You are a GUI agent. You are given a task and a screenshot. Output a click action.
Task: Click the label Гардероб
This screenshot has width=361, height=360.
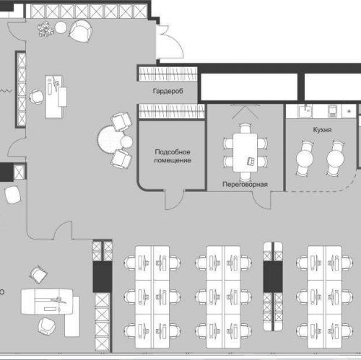(x=168, y=91)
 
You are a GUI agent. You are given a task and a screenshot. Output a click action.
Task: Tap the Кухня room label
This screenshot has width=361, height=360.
(x=322, y=130)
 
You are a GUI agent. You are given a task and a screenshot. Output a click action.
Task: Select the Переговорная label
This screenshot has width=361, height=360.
(x=245, y=184)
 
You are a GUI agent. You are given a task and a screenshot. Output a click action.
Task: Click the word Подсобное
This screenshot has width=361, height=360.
(x=173, y=152)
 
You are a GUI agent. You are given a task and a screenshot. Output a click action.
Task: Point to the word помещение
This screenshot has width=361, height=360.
(x=173, y=160)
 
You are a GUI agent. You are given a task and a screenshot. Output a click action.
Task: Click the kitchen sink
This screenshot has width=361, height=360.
(x=305, y=111)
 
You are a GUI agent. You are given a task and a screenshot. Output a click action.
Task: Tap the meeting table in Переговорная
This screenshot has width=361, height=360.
(x=245, y=152)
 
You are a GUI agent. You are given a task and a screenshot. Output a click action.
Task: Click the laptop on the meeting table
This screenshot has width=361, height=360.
(x=251, y=161)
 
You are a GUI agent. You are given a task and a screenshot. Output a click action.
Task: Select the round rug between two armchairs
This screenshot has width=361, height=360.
(x=110, y=139)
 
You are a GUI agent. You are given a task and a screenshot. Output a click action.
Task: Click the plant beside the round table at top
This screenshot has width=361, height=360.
(x=45, y=29)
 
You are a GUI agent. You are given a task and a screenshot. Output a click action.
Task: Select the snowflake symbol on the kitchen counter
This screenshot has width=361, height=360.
(x=349, y=111)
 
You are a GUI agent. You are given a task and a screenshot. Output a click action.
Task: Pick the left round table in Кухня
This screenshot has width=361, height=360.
(x=305, y=159)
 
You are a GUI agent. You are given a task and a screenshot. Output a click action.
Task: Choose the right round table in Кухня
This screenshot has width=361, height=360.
(x=335, y=159)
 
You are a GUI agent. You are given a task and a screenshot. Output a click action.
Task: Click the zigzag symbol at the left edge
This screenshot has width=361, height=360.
(x=6, y=91)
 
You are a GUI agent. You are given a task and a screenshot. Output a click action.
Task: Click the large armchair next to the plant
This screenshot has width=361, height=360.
(x=81, y=31)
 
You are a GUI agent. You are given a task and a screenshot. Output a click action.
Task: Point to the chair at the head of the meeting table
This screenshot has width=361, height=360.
(x=245, y=128)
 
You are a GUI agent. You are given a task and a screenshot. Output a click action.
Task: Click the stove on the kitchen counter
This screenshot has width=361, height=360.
(x=333, y=111)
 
